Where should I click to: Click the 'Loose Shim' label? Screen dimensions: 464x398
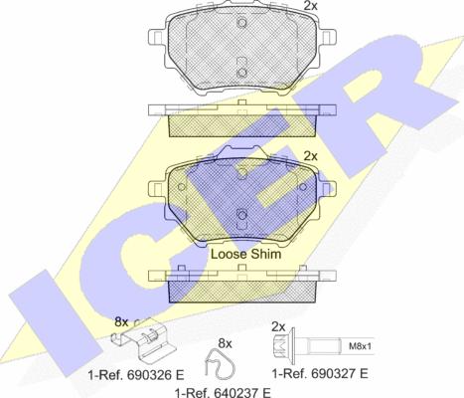click(x=246, y=254)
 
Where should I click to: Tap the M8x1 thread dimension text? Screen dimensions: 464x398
click(x=360, y=346)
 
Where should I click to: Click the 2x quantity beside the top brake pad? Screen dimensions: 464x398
click(x=311, y=6)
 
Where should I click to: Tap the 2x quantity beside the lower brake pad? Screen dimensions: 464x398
click(x=311, y=155)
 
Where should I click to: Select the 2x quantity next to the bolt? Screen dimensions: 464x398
click(x=278, y=327)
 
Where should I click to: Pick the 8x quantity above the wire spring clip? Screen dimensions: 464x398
click(x=225, y=344)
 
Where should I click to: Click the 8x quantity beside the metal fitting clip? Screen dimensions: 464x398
click(x=121, y=321)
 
